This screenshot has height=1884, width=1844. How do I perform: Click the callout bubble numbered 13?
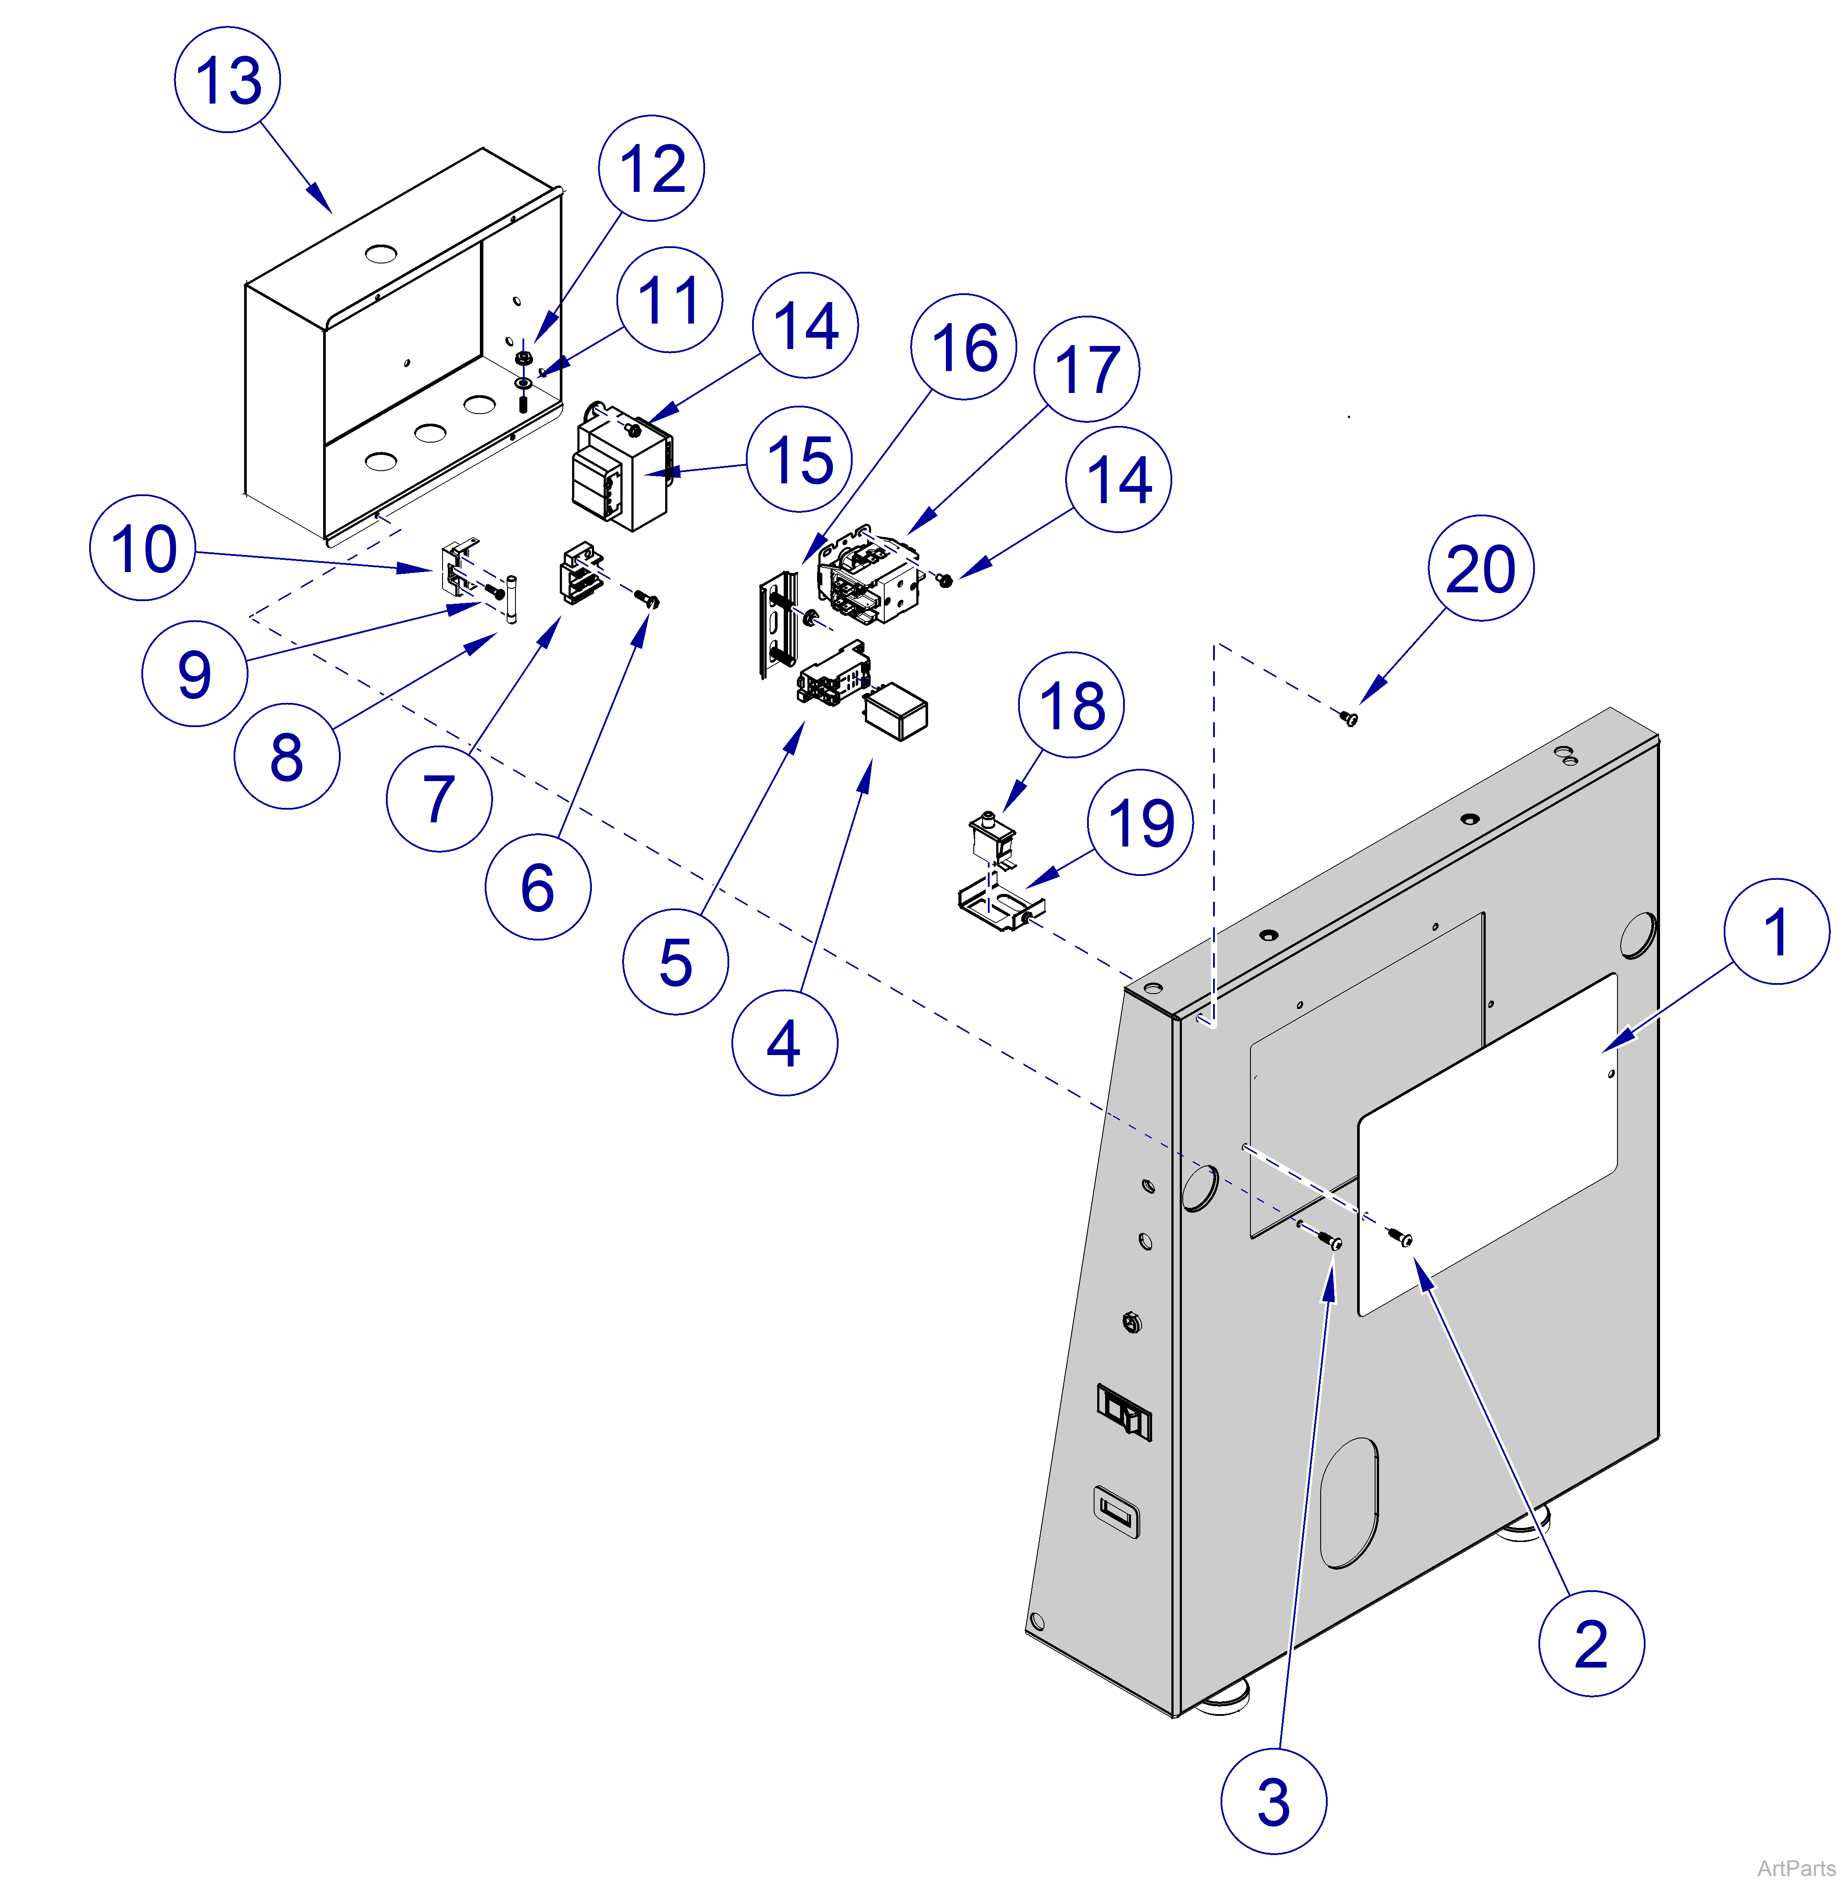coord(227,79)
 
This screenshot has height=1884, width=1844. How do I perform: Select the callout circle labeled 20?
coord(1480,569)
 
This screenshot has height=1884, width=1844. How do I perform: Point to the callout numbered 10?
coord(142,548)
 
